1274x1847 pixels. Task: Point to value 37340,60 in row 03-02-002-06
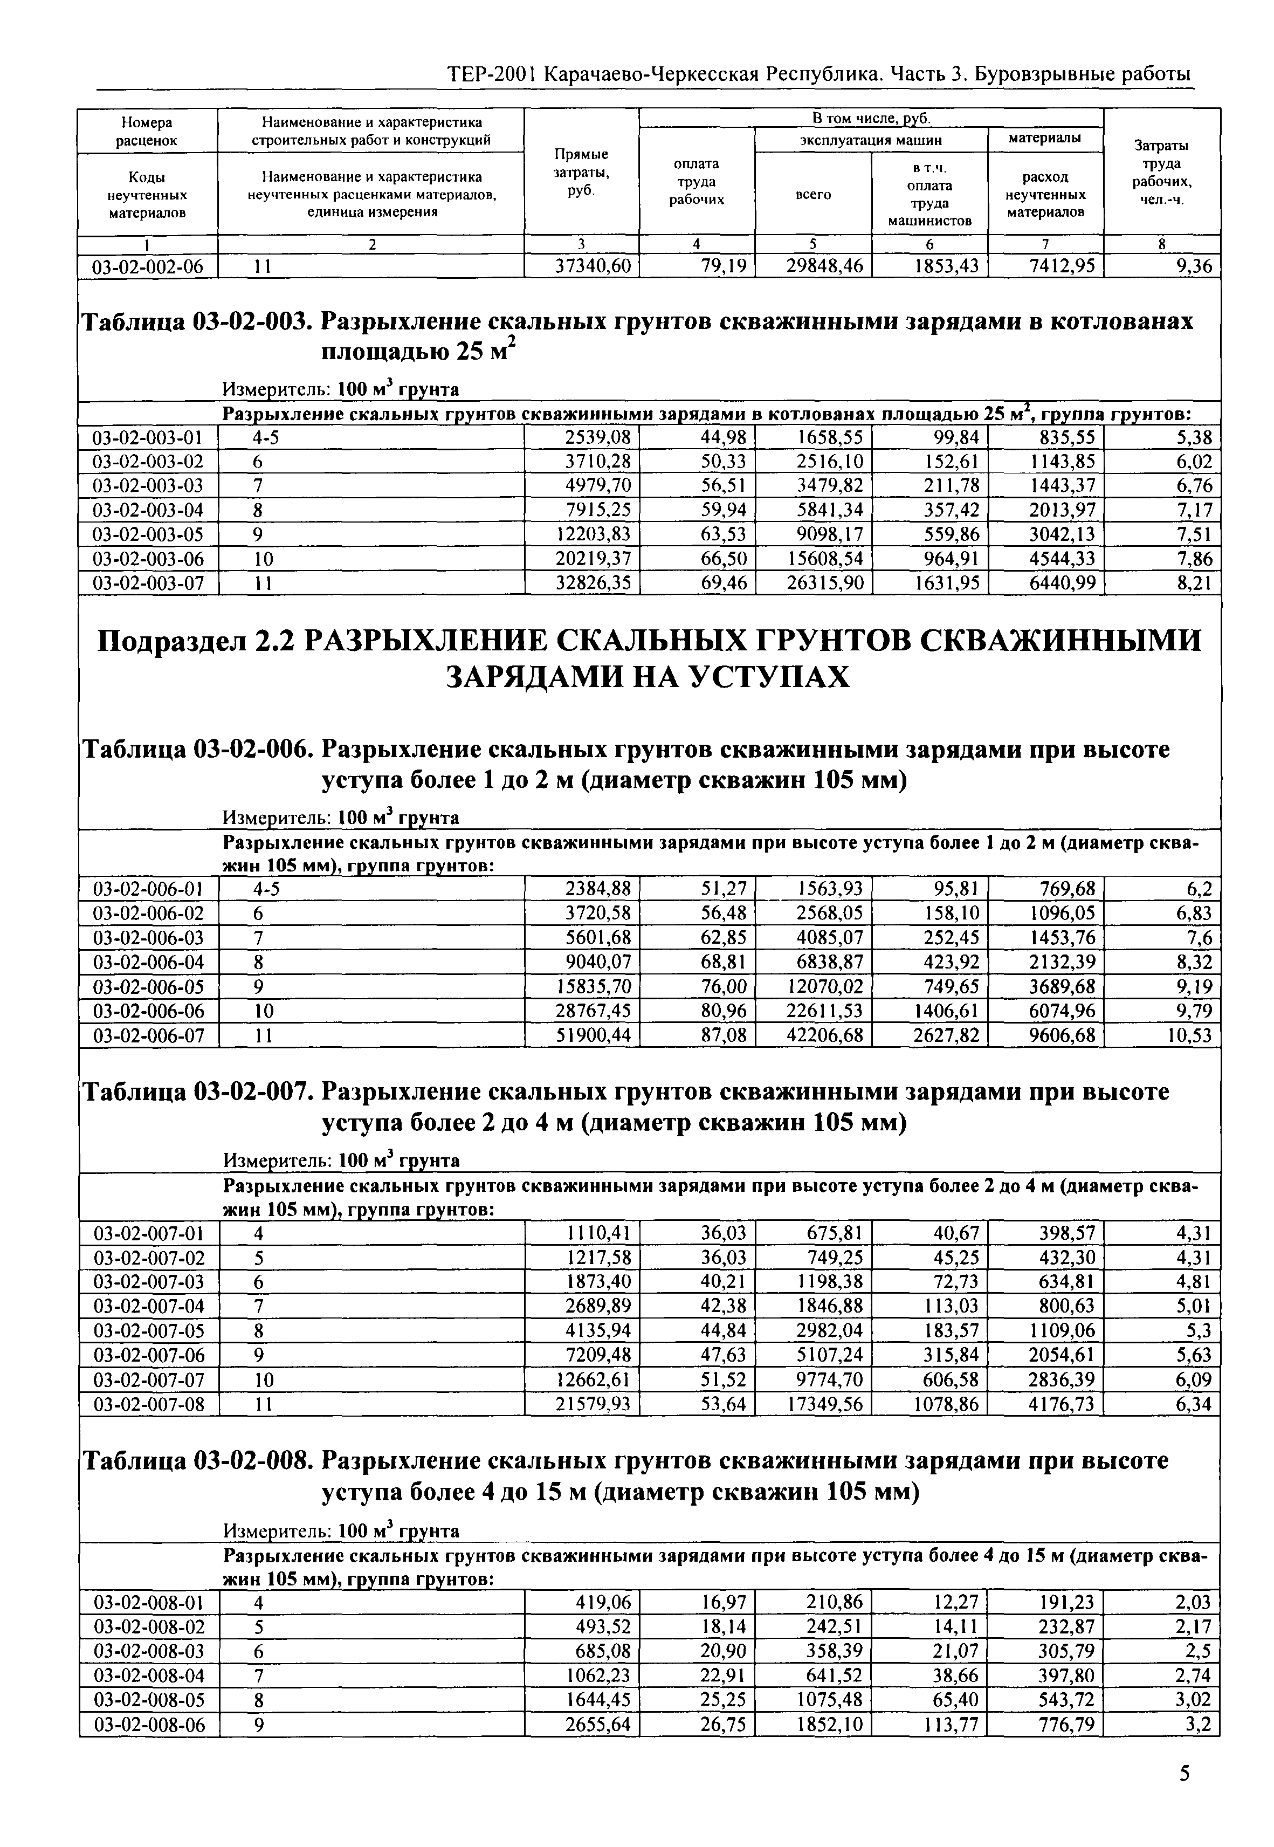tap(593, 266)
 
